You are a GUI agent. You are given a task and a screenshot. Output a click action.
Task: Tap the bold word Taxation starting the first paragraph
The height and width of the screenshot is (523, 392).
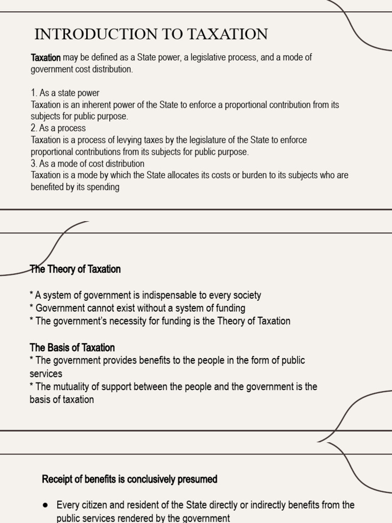coord(46,58)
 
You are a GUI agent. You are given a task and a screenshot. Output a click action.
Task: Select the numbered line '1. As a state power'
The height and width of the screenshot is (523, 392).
coord(65,93)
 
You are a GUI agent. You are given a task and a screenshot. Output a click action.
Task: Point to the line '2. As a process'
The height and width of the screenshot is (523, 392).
coord(58,128)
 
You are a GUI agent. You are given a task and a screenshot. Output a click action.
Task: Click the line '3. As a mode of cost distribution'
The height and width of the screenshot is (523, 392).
coord(87,163)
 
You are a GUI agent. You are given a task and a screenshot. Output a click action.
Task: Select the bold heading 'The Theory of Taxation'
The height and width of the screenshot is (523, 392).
coord(75,269)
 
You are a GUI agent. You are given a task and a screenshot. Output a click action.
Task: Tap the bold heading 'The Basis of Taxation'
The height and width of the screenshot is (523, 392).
coord(72,348)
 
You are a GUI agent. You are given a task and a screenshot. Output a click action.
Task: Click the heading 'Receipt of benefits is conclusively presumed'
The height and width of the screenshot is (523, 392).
coord(130,479)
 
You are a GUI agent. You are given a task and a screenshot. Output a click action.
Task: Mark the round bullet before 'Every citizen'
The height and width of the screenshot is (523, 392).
coord(45,505)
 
